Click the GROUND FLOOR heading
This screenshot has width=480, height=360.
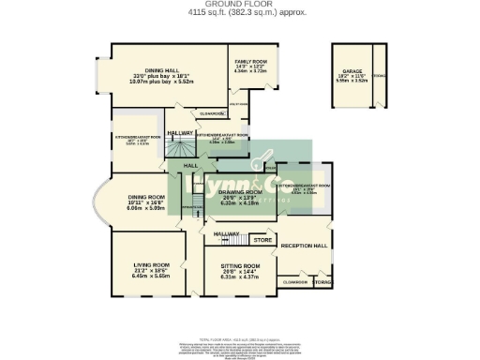pos(239,5)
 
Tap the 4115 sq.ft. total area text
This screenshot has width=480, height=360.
pos(239,13)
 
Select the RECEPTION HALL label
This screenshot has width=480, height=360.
pos(306,246)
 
